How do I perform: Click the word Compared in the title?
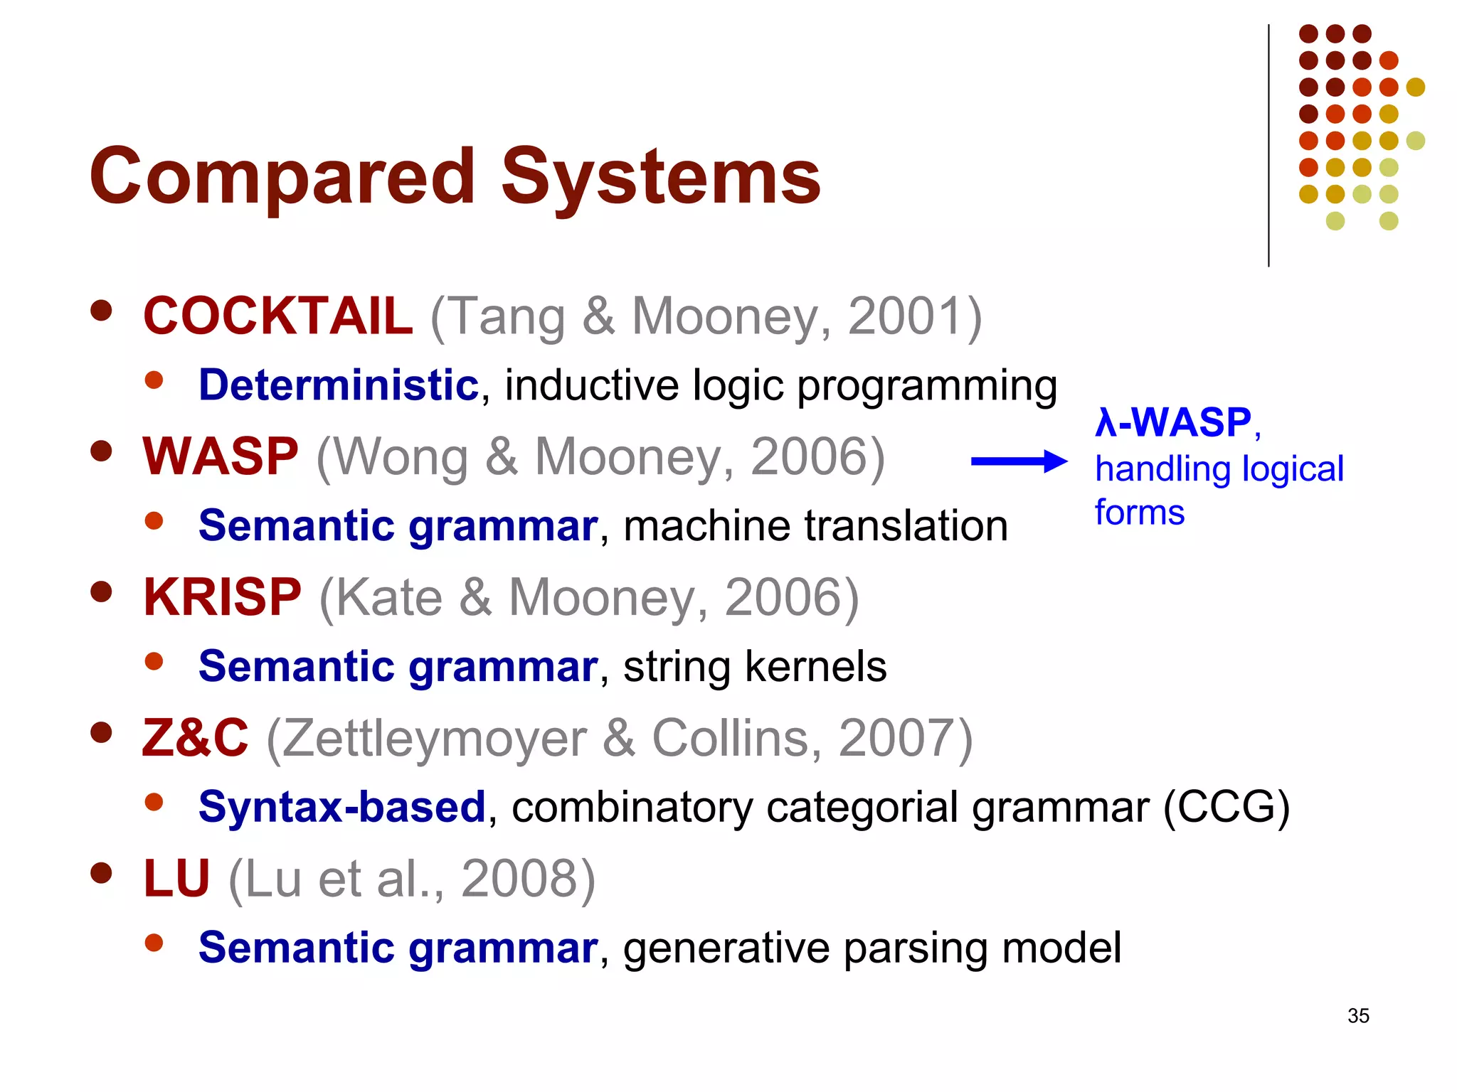(282, 176)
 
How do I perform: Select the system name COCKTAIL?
(277, 316)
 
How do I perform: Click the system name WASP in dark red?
(221, 456)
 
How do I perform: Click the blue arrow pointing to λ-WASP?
(1019, 461)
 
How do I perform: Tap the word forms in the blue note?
(1139, 513)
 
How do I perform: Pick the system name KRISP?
(223, 597)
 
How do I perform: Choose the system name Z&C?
(196, 738)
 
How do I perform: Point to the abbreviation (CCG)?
(1226, 808)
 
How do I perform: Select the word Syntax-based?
(342, 808)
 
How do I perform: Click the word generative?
(726, 948)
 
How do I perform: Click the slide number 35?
(1357, 1016)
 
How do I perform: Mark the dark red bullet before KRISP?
(102, 591)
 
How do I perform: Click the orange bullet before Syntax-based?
(154, 803)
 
